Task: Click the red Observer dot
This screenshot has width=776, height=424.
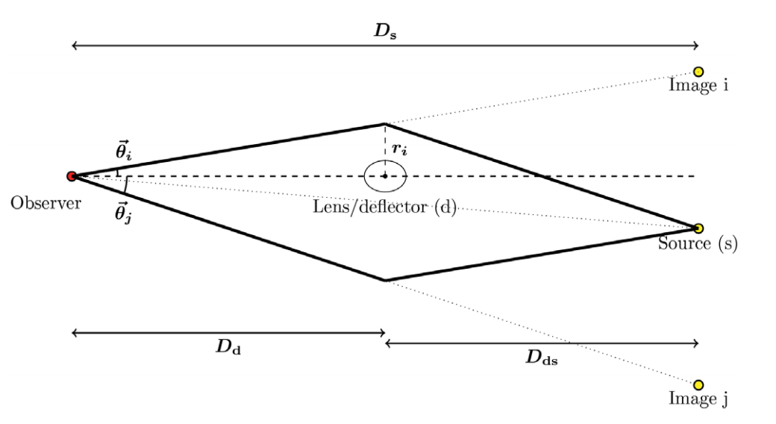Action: coord(72,176)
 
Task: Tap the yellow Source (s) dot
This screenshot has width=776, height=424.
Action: coord(698,228)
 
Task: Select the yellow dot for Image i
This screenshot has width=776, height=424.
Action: coord(698,72)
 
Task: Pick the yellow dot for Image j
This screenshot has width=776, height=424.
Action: coord(698,384)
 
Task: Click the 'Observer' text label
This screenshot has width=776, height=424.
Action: coord(46,202)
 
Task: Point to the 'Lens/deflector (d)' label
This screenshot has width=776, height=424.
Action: coord(384,207)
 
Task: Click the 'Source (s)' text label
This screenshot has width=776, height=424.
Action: coord(698,244)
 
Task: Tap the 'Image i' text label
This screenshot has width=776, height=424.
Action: coord(698,86)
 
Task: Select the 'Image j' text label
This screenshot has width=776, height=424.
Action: coord(698,399)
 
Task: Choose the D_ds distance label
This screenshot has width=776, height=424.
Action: coord(542,357)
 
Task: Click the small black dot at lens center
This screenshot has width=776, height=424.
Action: coord(384,176)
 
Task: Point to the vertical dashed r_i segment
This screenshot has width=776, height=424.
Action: coord(384,142)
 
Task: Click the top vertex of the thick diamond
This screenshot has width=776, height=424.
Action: coord(384,124)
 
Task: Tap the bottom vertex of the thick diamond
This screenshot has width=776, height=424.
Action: coord(384,280)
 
